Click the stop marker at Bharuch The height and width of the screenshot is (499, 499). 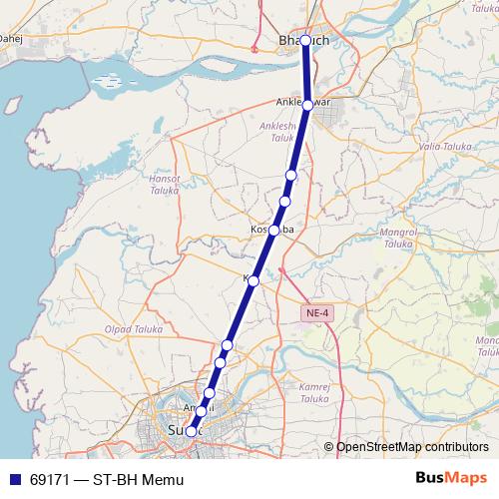point(306,41)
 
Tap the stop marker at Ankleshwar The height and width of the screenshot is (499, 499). point(307,104)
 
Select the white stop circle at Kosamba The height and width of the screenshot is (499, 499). point(273,230)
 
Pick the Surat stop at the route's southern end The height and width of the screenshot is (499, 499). point(191,431)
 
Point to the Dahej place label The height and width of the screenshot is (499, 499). point(10,39)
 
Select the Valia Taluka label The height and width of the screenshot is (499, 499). point(443,146)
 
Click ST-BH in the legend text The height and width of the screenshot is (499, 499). point(117,480)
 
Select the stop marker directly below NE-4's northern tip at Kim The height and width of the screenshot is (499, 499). point(253,281)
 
